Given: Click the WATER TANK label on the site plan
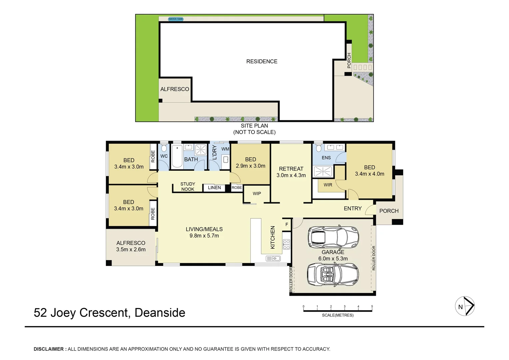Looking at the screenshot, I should (x=176, y=19).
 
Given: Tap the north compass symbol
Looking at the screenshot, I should (x=465, y=306).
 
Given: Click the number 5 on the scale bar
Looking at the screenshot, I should (x=372, y=306).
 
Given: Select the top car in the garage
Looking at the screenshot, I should (x=333, y=237).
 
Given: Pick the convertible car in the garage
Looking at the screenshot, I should (x=333, y=275).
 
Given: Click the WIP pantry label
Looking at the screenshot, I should (x=257, y=193).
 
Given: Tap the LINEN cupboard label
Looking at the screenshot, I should (x=214, y=188).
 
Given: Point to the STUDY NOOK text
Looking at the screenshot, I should (x=188, y=186).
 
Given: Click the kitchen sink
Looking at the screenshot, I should (x=273, y=258).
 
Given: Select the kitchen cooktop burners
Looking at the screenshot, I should (x=286, y=244).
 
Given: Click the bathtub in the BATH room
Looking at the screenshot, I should (x=177, y=156).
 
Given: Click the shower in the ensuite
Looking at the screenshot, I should (x=323, y=171).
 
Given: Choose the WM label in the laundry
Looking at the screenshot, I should (x=225, y=149).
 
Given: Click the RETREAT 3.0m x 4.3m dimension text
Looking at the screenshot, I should (x=291, y=175).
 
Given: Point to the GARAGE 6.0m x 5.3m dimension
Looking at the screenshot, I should (x=333, y=259).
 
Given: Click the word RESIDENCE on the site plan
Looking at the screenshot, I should (x=261, y=61).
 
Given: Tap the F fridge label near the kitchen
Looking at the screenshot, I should (x=287, y=225).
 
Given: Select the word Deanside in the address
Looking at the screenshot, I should (x=160, y=313).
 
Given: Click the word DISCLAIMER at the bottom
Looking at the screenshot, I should (x=49, y=349).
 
